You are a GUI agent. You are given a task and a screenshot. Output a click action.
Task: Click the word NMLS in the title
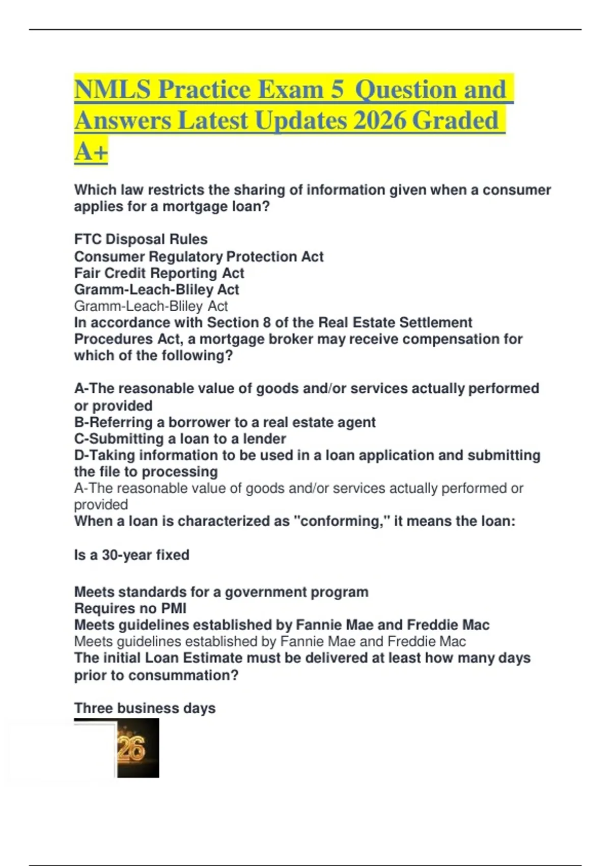(113, 90)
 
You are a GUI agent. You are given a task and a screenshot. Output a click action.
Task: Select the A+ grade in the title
(91, 151)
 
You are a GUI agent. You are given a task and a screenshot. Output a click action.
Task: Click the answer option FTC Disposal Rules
(141, 239)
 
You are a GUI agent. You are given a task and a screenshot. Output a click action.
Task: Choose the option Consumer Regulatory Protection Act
(199, 256)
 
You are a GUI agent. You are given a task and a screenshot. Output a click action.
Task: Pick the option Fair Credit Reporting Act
(159, 273)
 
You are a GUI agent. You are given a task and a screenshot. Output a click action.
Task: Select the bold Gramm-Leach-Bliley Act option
(156, 289)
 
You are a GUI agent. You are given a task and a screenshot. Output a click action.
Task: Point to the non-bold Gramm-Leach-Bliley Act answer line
(151, 306)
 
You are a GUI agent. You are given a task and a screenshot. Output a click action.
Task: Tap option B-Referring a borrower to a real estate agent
(225, 422)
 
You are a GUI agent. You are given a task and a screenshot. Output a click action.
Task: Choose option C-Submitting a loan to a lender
(180, 439)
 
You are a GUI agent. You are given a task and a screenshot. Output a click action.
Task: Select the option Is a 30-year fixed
(131, 555)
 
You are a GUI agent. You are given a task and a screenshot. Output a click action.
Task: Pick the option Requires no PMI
(130, 608)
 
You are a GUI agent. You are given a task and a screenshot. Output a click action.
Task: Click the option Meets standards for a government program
(221, 592)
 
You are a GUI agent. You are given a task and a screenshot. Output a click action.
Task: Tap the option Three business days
(145, 708)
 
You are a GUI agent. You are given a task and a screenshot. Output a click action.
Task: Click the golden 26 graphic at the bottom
(132, 748)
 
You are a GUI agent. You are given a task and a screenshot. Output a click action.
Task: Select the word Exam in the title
(292, 90)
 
